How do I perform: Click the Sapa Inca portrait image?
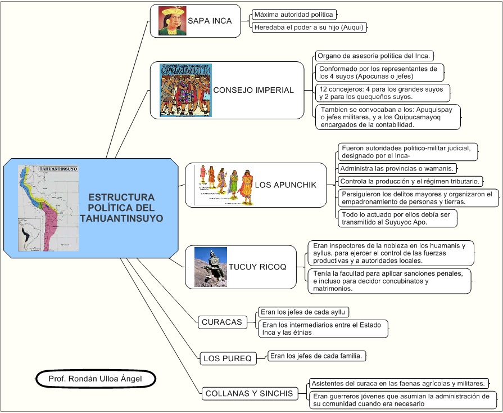(173, 21)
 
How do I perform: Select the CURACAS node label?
(222, 322)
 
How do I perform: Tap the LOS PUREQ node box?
(228, 358)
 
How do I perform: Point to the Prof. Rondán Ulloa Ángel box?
(95, 379)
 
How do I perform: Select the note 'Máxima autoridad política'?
(293, 14)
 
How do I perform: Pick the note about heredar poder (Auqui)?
(310, 26)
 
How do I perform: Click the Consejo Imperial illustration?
(185, 90)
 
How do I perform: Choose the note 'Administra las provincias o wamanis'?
(397, 168)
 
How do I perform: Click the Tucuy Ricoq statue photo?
(211, 267)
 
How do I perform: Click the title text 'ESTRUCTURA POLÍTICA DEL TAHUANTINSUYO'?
(121, 208)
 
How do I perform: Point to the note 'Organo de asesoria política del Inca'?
(374, 56)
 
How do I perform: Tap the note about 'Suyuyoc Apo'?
(397, 218)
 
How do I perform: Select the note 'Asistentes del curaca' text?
(398, 384)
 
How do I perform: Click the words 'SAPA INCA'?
(210, 21)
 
